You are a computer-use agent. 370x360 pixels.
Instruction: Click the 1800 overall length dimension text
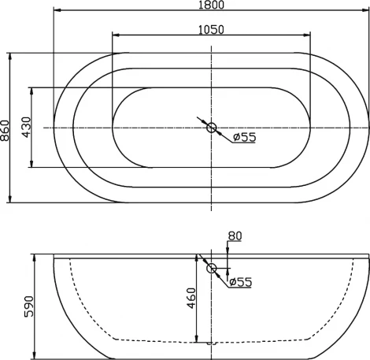pyautogui.click(x=211, y=6)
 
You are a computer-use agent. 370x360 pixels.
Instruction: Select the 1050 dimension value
pyautogui.click(x=211, y=30)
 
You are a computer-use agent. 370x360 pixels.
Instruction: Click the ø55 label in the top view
pyautogui.click(x=245, y=138)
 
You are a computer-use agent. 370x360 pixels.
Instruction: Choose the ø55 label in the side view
pyautogui.click(x=239, y=281)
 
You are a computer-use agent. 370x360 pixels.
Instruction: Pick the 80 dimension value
pyautogui.click(x=234, y=236)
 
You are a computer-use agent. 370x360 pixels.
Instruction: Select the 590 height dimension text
pyautogui.click(x=29, y=306)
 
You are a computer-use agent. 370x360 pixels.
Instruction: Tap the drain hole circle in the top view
pyautogui.click(x=211, y=127)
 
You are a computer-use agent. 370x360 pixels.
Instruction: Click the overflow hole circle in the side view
pyautogui.click(x=211, y=269)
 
